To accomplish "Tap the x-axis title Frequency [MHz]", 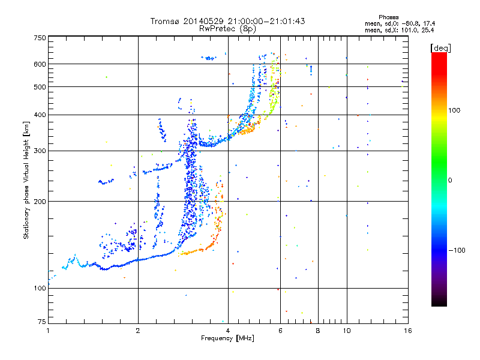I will tap(227, 339).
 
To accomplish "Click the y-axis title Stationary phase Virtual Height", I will tap(26, 180).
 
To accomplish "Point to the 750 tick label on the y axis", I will tap(40, 38).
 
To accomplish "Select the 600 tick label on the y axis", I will tap(40, 64).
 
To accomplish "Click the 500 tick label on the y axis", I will tap(40, 87).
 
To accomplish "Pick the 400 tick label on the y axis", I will tap(40, 115).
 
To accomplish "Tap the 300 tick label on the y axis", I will tap(40, 151).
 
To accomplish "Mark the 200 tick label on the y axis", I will tap(40, 202).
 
